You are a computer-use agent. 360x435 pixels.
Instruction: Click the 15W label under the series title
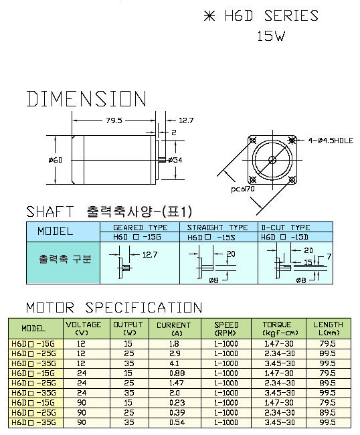(271, 36)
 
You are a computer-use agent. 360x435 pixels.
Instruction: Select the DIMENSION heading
(86, 99)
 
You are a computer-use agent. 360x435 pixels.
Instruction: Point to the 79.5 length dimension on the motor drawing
(114, 120)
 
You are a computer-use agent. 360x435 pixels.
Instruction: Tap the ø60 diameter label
(55, 160)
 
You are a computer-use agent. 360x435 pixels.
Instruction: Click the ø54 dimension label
(175, 160)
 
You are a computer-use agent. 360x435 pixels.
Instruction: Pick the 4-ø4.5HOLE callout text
(331, 141)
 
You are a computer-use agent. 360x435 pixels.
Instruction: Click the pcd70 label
(243, 189)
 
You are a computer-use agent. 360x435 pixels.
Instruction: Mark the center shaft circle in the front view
(272, 160)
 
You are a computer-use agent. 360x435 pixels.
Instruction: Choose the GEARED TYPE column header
(141, 228)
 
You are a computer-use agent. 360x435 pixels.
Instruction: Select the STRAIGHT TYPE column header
(217, 228)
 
